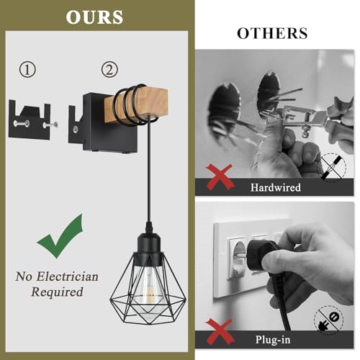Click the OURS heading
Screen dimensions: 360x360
coord(94,17)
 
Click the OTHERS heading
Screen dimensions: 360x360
coord(272,33)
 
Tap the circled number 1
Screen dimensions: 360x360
coord(27,70)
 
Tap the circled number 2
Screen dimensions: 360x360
coord(109,70)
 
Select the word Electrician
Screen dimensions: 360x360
coord(67,276)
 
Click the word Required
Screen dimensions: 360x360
coord(57,292)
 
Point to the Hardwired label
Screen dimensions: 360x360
coord(276,187)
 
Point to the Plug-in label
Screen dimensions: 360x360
coord(273,340)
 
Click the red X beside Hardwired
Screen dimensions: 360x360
coord(220,177)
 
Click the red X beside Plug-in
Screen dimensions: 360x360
coord(220,332)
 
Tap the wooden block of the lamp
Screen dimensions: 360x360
coord(136,105)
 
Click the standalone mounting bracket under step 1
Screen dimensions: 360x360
coord(30,120)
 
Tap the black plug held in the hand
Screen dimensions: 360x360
coord(261,253)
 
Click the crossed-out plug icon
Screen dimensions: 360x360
coord(329,319)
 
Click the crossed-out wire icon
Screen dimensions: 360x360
coord(334,167)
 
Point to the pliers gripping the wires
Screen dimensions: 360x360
coord(310,115)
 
